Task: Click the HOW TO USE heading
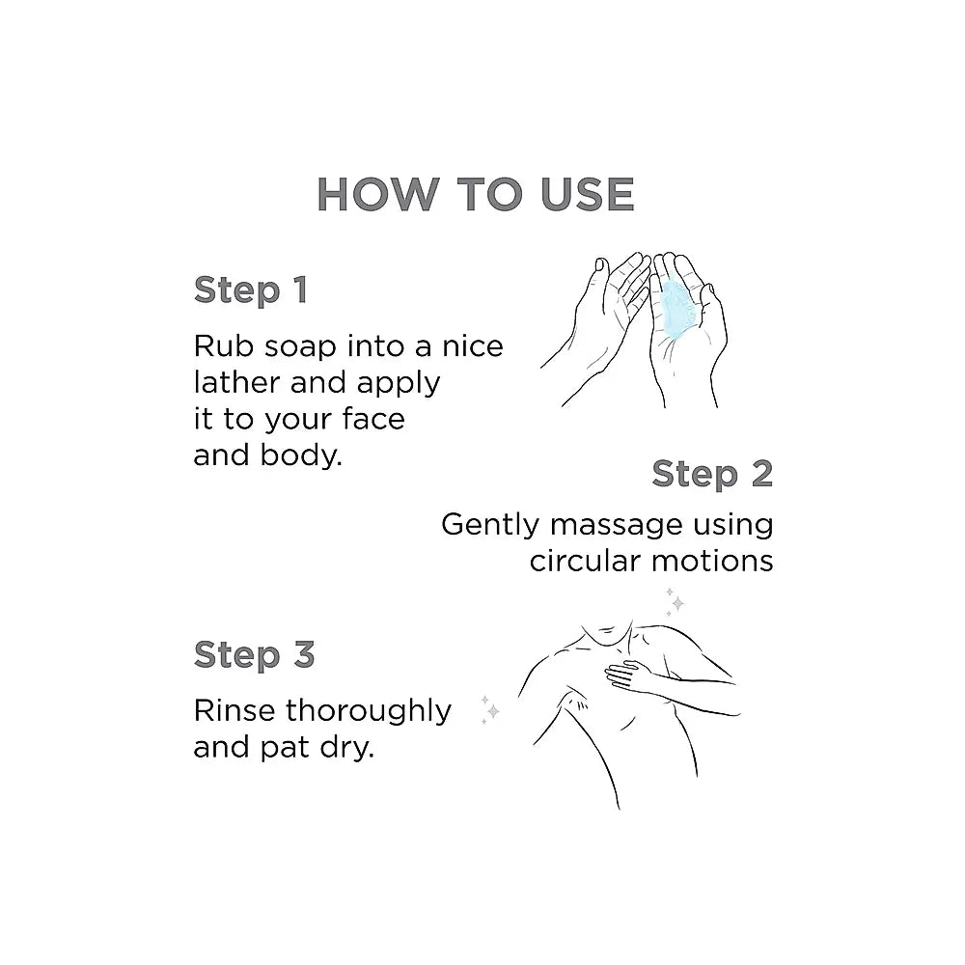coord(475,195)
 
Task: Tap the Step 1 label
coord(251,289)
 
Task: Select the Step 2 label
coord(712,474)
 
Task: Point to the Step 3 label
coord(254,654)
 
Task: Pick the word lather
coord(236,383)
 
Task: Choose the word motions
coord(712,562)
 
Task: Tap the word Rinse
coord(234,711)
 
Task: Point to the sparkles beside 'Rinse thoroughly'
coord(490,709)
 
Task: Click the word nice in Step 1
coord(473,346)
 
